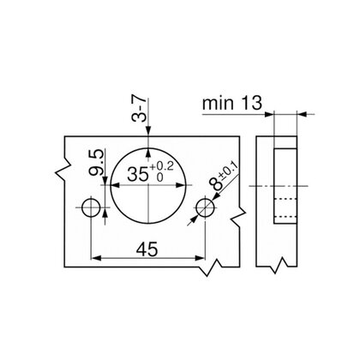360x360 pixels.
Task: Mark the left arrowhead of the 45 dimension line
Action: pyautogui.click(x=95, y=257)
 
